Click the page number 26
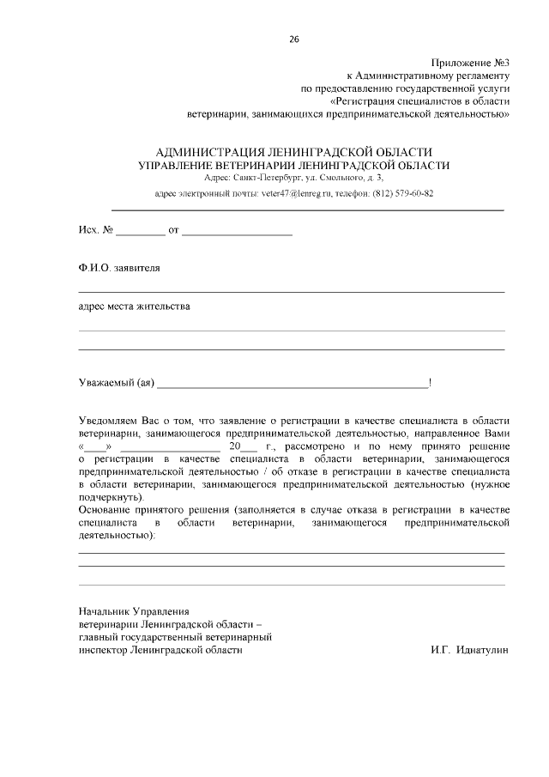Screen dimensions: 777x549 294,39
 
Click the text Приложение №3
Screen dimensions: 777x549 469,63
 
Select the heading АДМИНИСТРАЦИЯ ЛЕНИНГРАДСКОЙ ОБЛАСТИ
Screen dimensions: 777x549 293,152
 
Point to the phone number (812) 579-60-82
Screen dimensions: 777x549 403,193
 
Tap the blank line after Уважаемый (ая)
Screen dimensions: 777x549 292,383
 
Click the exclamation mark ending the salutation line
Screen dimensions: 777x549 430,382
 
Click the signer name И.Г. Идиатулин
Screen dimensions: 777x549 469,650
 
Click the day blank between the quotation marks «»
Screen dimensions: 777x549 95,447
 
